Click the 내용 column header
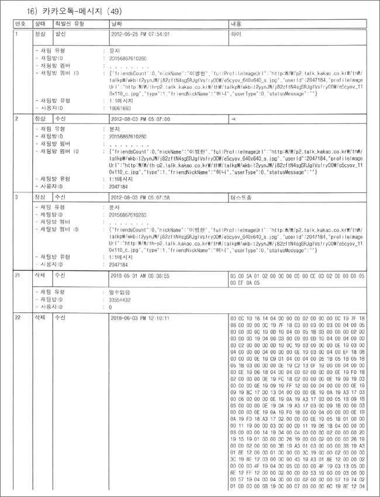click(x=237, y=24)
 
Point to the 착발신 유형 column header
click(x=69, y=24)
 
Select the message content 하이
click(x=237, y=34)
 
